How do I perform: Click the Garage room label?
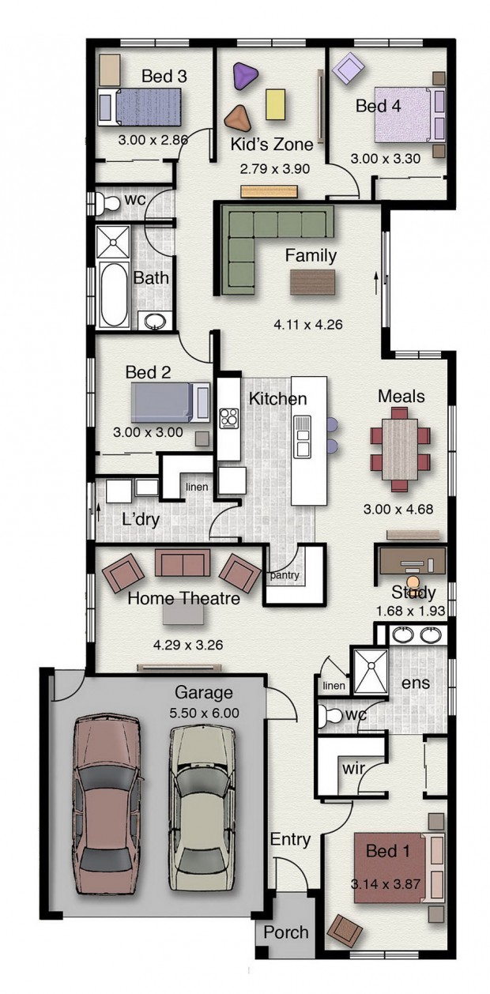click(x=203, y=692)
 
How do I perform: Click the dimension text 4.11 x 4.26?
click(x=308, y=325)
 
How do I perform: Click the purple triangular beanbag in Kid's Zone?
click(x=244, y=77)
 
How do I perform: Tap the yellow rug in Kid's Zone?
click(x=275, y=104)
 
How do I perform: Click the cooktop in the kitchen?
click(x=228, y=417)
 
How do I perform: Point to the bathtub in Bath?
click(x=113, y=294)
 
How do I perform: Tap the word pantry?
click(x=285, y=575)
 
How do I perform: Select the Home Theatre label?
click(x=183, y=598)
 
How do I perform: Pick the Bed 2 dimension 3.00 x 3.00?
click(x=148, y=431)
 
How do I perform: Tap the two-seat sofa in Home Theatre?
click(x=183, y=563)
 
